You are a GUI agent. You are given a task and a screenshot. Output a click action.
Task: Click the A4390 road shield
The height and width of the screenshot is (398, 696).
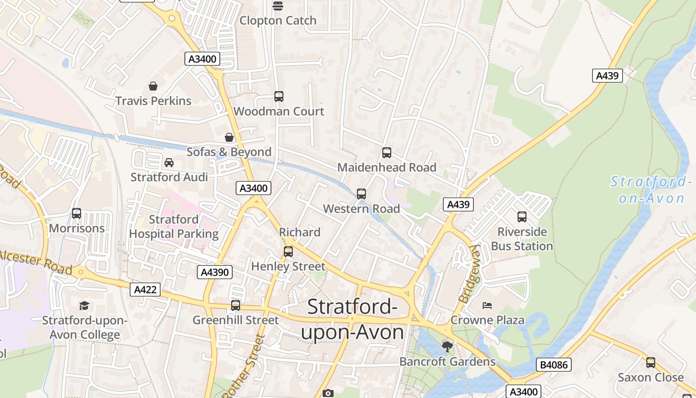215,272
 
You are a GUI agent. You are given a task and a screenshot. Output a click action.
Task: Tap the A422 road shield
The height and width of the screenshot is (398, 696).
145,290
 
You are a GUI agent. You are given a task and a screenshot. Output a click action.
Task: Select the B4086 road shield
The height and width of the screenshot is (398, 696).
554,365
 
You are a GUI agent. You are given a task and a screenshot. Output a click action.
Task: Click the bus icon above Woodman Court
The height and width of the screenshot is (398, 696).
279,97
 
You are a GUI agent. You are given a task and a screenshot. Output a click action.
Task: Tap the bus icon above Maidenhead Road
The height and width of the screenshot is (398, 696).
387,153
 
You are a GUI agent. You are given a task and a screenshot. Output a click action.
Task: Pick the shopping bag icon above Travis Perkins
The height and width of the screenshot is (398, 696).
153,86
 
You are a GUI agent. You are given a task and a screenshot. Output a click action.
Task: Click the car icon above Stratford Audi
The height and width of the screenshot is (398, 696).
169,163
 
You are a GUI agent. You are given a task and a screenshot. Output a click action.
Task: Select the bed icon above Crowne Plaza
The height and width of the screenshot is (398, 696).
487,305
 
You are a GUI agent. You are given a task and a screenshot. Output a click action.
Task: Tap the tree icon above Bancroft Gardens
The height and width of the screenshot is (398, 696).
447,347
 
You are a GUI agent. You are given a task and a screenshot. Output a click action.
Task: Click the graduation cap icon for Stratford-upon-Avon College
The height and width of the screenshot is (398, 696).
84,305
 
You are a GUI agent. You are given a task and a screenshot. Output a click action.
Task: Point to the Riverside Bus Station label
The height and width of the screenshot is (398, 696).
522,239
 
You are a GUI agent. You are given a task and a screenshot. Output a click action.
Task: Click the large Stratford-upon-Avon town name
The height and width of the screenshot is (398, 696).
352,319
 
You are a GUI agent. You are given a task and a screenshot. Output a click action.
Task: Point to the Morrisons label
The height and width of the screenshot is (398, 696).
77,228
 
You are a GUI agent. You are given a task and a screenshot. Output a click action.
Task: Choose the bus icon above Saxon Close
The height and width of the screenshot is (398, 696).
650,363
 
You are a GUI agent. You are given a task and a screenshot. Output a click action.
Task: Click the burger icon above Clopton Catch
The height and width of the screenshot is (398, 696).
277,6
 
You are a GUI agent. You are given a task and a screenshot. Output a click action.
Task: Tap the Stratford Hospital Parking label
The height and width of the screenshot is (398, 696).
174,226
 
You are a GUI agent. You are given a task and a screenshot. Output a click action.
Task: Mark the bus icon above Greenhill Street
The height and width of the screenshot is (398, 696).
236,305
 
